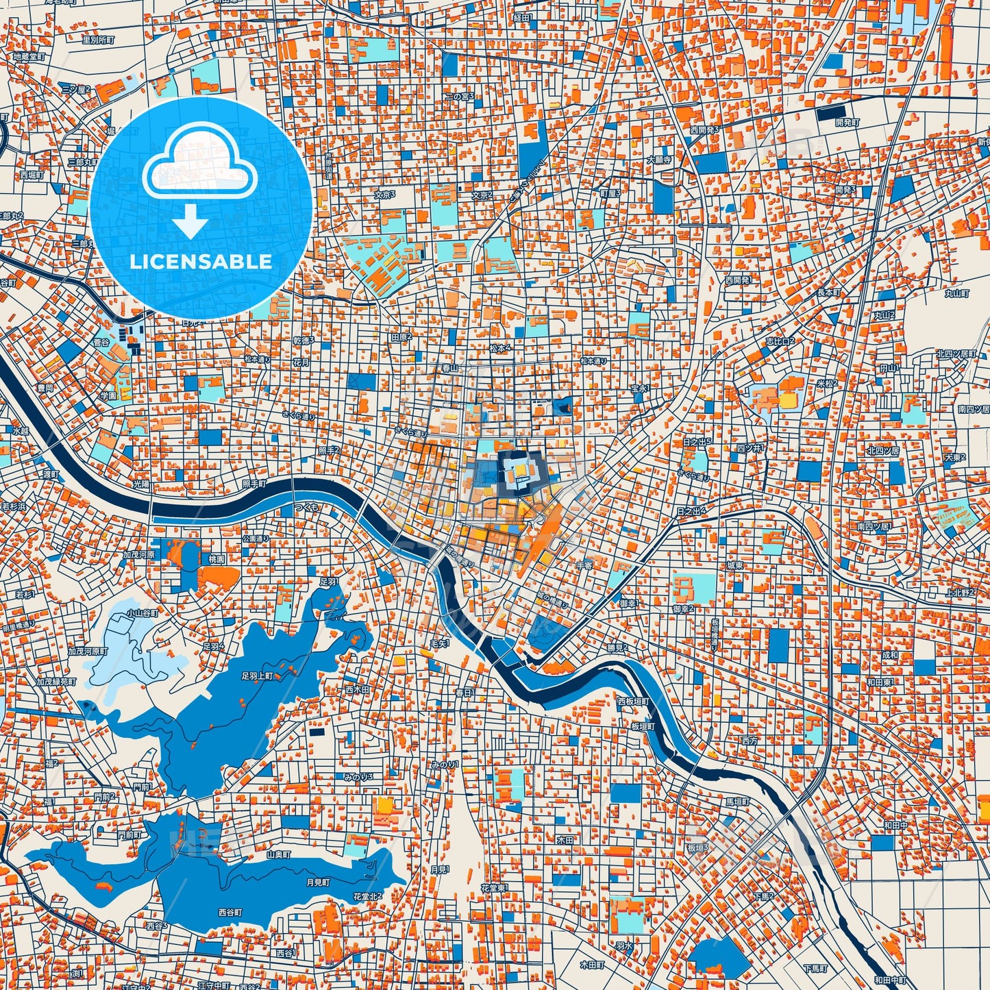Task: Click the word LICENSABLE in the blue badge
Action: (201, 262)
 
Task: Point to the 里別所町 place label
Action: (98, 40)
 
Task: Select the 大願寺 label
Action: (659, 160)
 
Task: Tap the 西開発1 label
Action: (738, 280)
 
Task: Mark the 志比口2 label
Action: (780, 341)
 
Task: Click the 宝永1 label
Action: (639, 388)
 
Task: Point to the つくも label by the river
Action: (306, 507)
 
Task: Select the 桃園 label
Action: (216, 560)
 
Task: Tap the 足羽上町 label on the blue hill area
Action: (257, 676)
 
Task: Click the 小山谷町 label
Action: (142, 614)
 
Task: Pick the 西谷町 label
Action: (230, 913)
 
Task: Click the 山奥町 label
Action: (279, 854)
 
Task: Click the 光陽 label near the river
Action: (140, 484)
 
